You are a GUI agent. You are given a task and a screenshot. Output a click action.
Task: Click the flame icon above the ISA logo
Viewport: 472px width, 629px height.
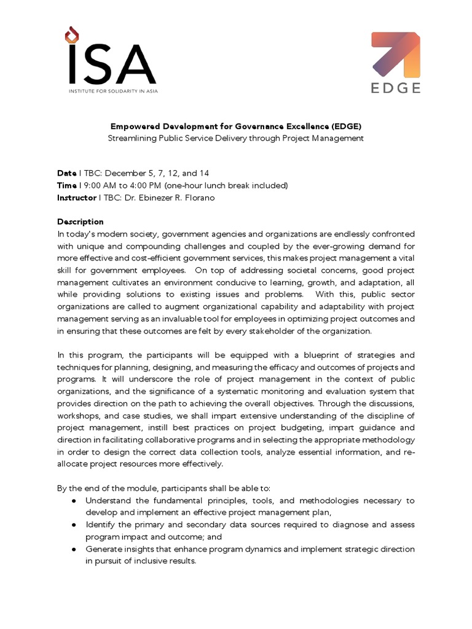(x=73, y=34)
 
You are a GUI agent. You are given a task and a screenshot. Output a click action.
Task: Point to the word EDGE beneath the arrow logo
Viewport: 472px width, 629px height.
(x=396, y=88)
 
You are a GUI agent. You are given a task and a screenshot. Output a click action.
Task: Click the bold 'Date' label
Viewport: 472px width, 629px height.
(x=66, y=174)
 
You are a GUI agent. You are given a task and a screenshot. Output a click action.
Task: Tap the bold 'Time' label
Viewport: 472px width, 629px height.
(x=67, y=186)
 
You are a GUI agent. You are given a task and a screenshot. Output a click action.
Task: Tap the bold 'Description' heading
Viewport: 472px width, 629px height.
(x=81, y=222)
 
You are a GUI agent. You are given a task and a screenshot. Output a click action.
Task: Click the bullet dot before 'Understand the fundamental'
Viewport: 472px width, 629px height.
(x=74, y=501)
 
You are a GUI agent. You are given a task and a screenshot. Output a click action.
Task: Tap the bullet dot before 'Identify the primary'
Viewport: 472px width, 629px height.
(x=74, y=525)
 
